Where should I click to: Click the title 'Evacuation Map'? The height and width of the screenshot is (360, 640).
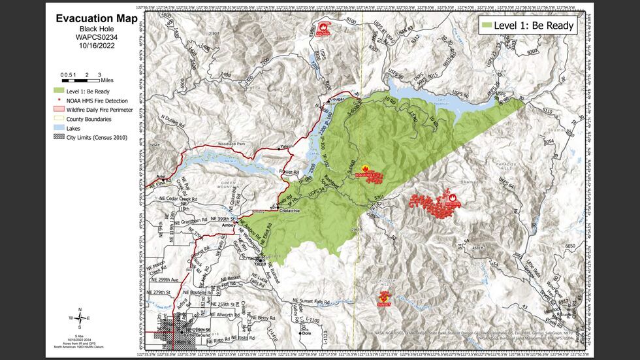pos(95,18)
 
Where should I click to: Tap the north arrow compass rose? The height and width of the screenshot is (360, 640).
pos(80,318)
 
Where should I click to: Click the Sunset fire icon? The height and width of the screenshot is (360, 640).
pos(384,298)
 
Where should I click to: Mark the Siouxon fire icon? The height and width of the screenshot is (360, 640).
pos(453,197)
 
